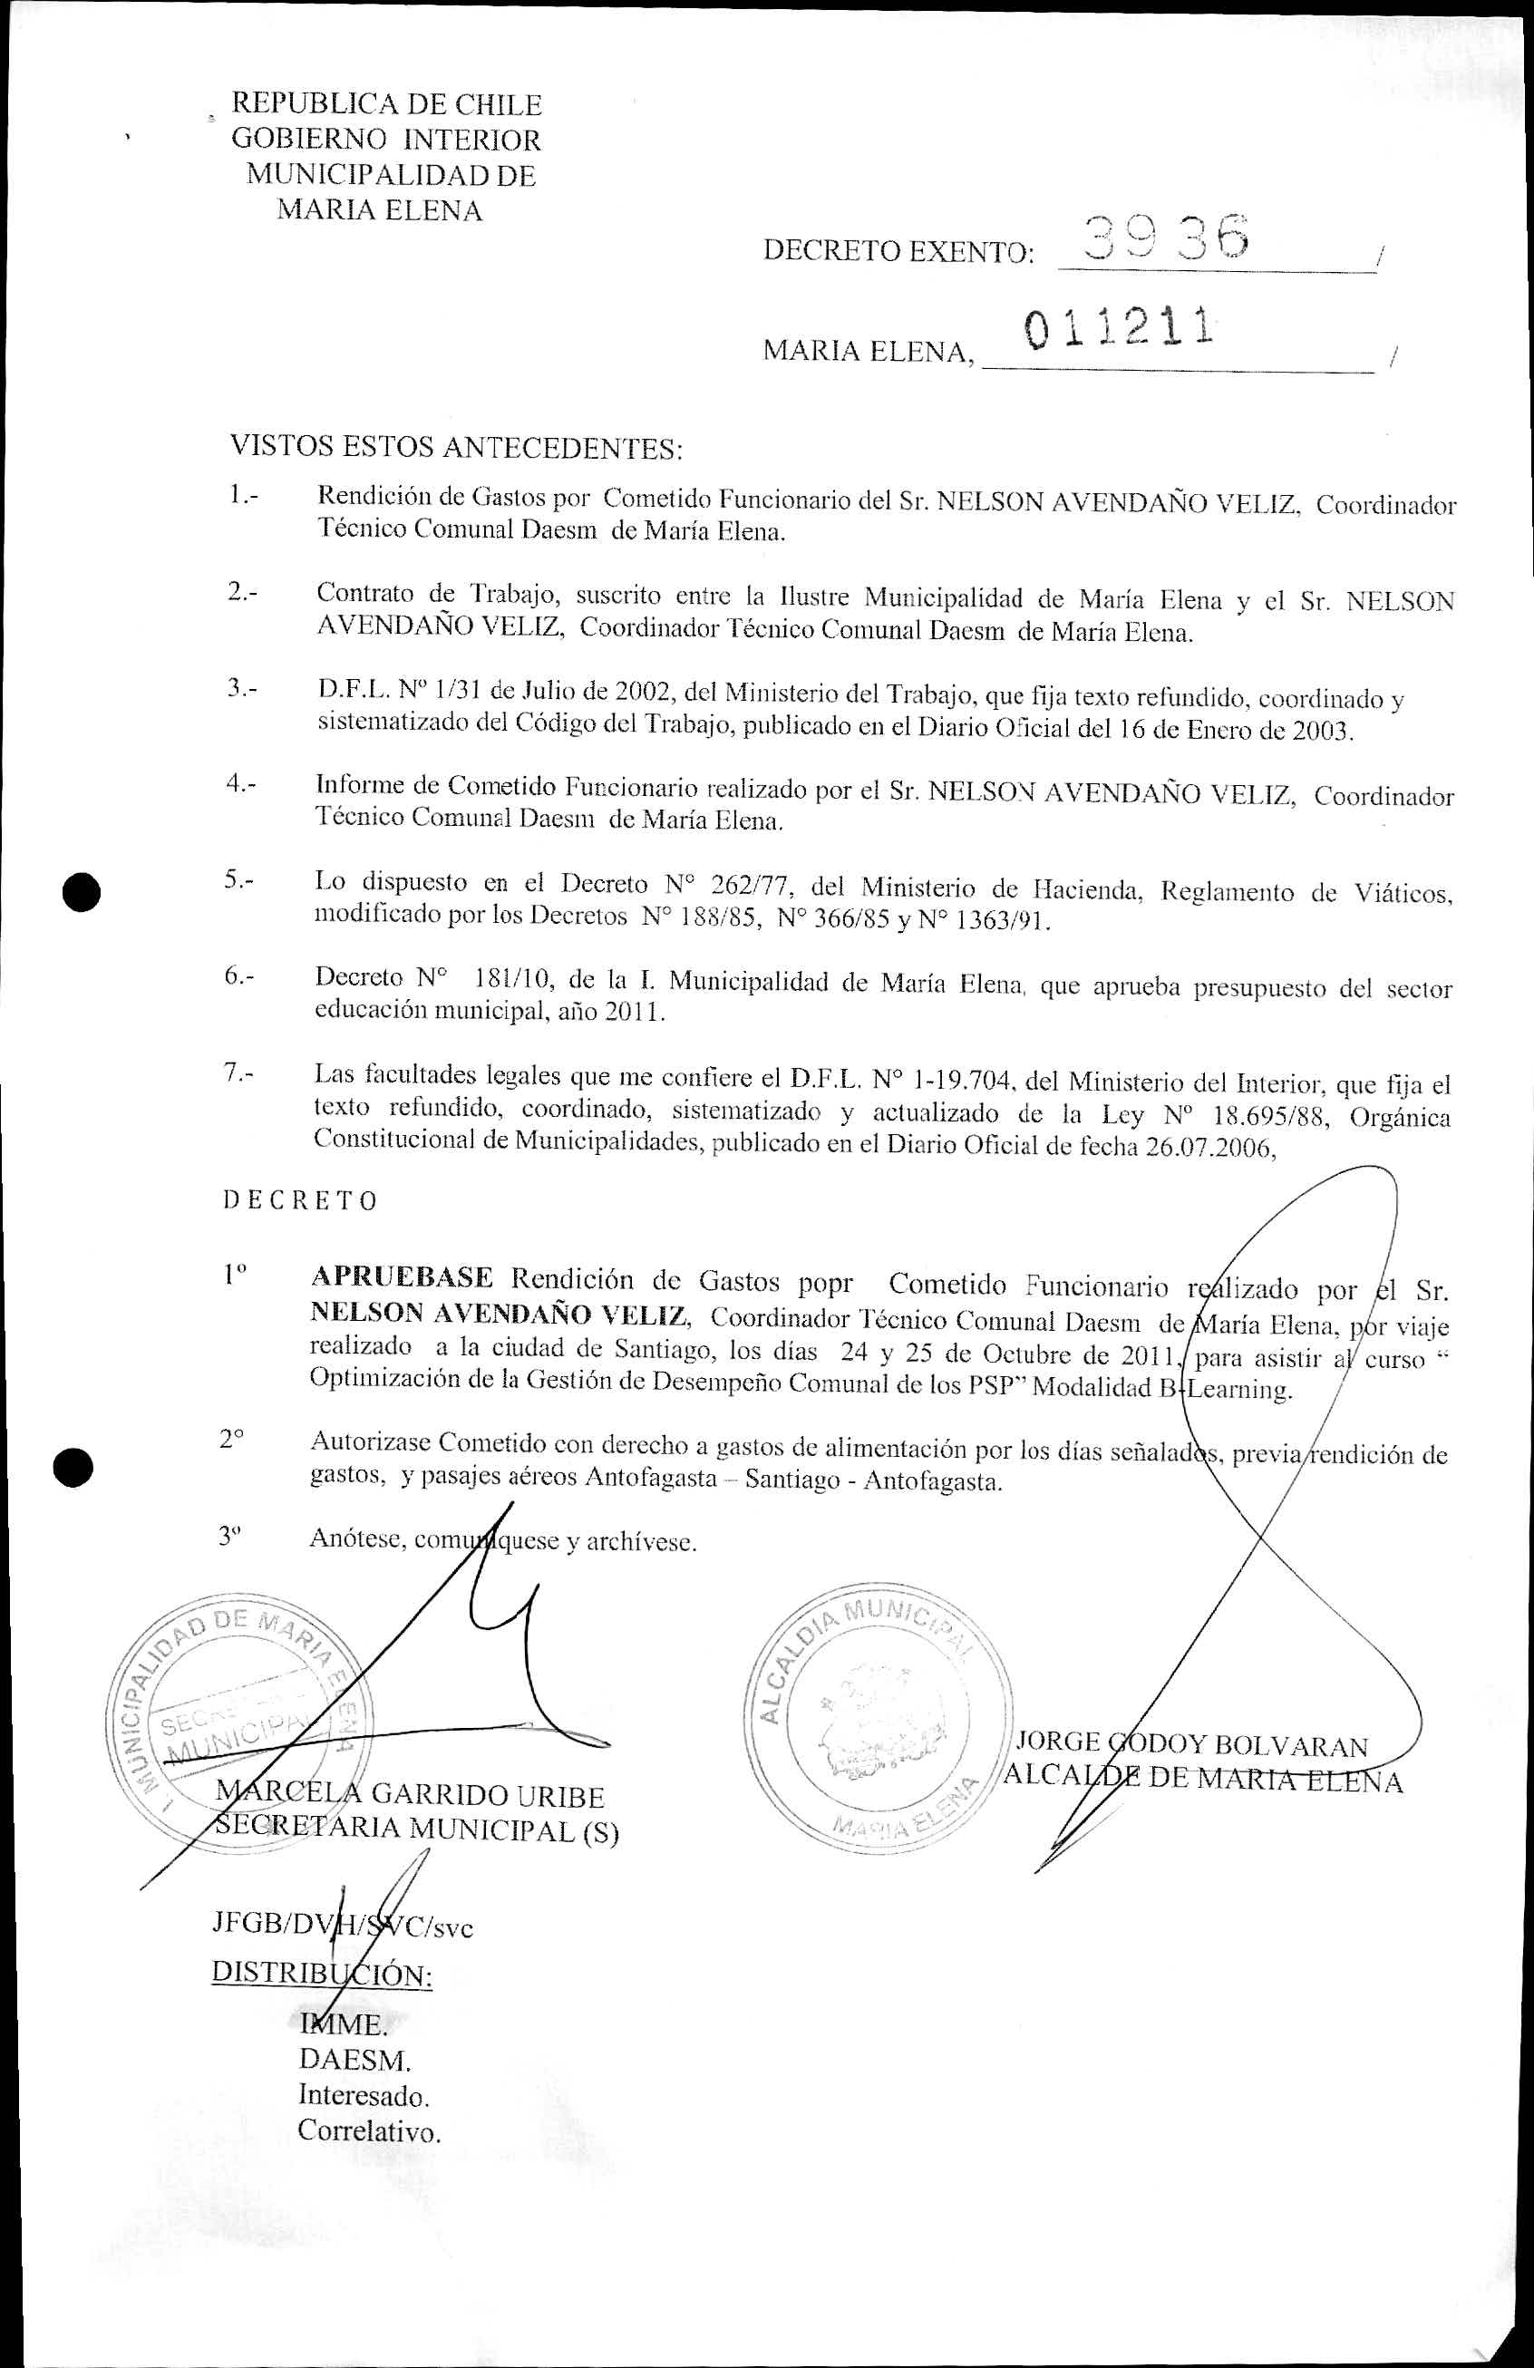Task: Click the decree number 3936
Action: (x=1167, y=239)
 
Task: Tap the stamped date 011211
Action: (x=1117, y=329)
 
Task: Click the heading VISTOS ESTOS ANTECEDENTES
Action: (x=457, y=448)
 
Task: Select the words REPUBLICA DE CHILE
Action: (x=386, y=104)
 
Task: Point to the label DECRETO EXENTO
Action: (x=898, y=252)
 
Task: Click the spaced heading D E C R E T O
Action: (x=299, y=1201)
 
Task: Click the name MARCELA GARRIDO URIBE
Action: (x=411, y=1796)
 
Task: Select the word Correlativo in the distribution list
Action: (x=368, y=2132)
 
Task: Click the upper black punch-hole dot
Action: (x=81, y=890)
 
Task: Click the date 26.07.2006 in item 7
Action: (x=1209, y=1146)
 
